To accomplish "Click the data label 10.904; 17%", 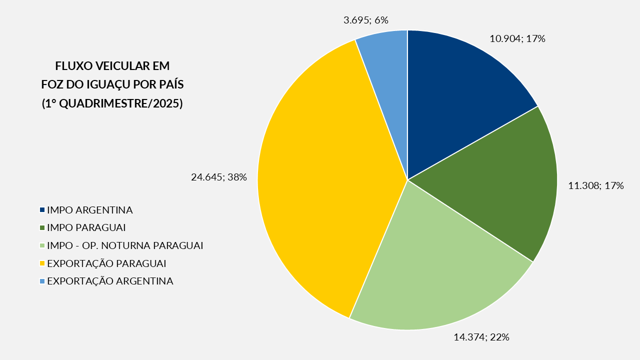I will tap(517, 38).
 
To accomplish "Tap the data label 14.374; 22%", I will tap(481, 337).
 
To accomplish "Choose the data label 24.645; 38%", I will tap(219, 176).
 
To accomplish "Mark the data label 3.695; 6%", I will tap(366, 20).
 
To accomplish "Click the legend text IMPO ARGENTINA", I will tap(89, 210).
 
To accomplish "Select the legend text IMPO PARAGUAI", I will tap(86, 227).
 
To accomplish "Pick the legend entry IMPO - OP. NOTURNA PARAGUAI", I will tap(125, 245).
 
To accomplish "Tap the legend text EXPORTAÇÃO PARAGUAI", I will tap(106, 263).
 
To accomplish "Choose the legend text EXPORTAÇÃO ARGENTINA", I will tap(110, 281).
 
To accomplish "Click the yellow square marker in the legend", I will tap(42, 263).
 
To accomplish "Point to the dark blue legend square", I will tap(42, 210).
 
